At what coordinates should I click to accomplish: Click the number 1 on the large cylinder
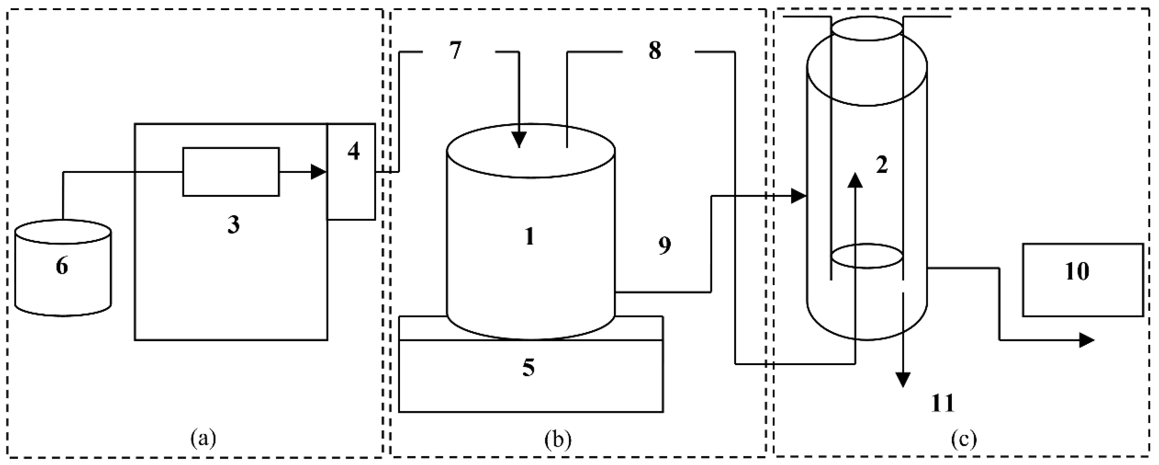point(530,236)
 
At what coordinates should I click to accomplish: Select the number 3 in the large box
point(233,225)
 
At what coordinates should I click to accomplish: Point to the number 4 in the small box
point(354,152)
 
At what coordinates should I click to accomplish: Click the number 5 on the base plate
point(529,367)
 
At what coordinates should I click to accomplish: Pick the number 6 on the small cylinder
point(62,266)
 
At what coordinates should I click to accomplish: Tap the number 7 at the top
point(455,51)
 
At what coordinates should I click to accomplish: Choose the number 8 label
point(655,51)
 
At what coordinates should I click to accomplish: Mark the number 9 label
point(664,245)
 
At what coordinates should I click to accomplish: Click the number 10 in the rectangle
point(1077,272)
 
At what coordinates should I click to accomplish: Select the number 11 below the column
point(943,403)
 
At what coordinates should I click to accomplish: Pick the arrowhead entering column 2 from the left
point(799,196)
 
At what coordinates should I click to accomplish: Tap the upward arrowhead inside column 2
point(855,180)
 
